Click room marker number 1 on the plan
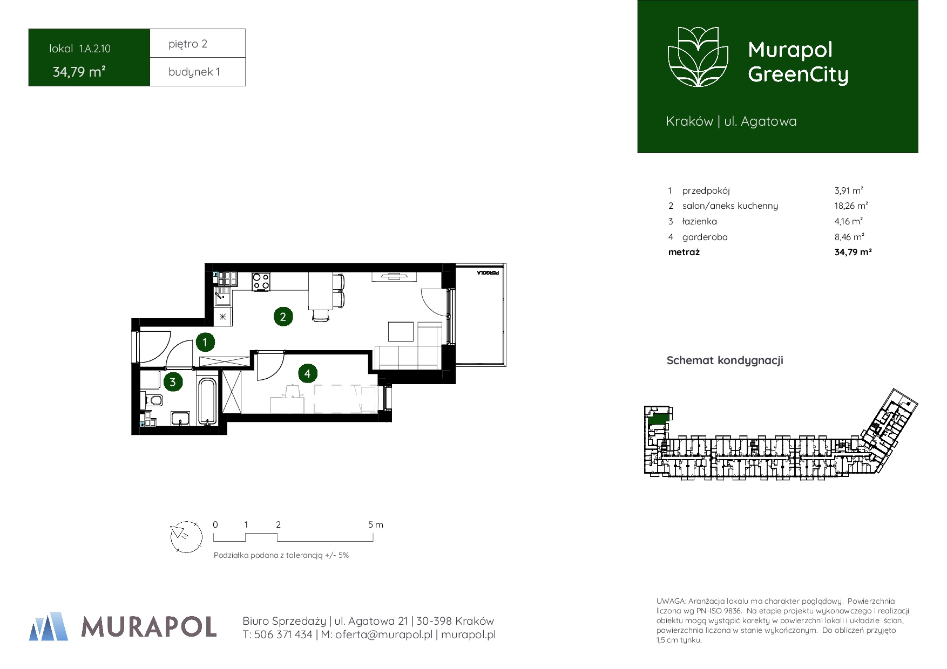coord(205,342)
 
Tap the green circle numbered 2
coord(283,317)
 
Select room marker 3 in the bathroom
coord(173,383)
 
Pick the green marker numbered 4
coord(307,373)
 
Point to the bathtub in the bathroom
coord(207,401)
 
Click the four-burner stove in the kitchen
coord(261,282)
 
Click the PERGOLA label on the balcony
coord(488,273)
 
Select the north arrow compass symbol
coord(186,536)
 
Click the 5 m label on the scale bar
coord(376,524)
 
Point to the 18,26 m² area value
coord(851,206)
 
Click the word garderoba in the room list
coord(705,237)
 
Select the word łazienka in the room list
coord(700,221)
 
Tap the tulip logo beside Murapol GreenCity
coord(698,57)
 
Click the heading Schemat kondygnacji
coord(725,360)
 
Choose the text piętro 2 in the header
coord(188,44)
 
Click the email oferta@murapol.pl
coord(384,635)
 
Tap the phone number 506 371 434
coord(283,635)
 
